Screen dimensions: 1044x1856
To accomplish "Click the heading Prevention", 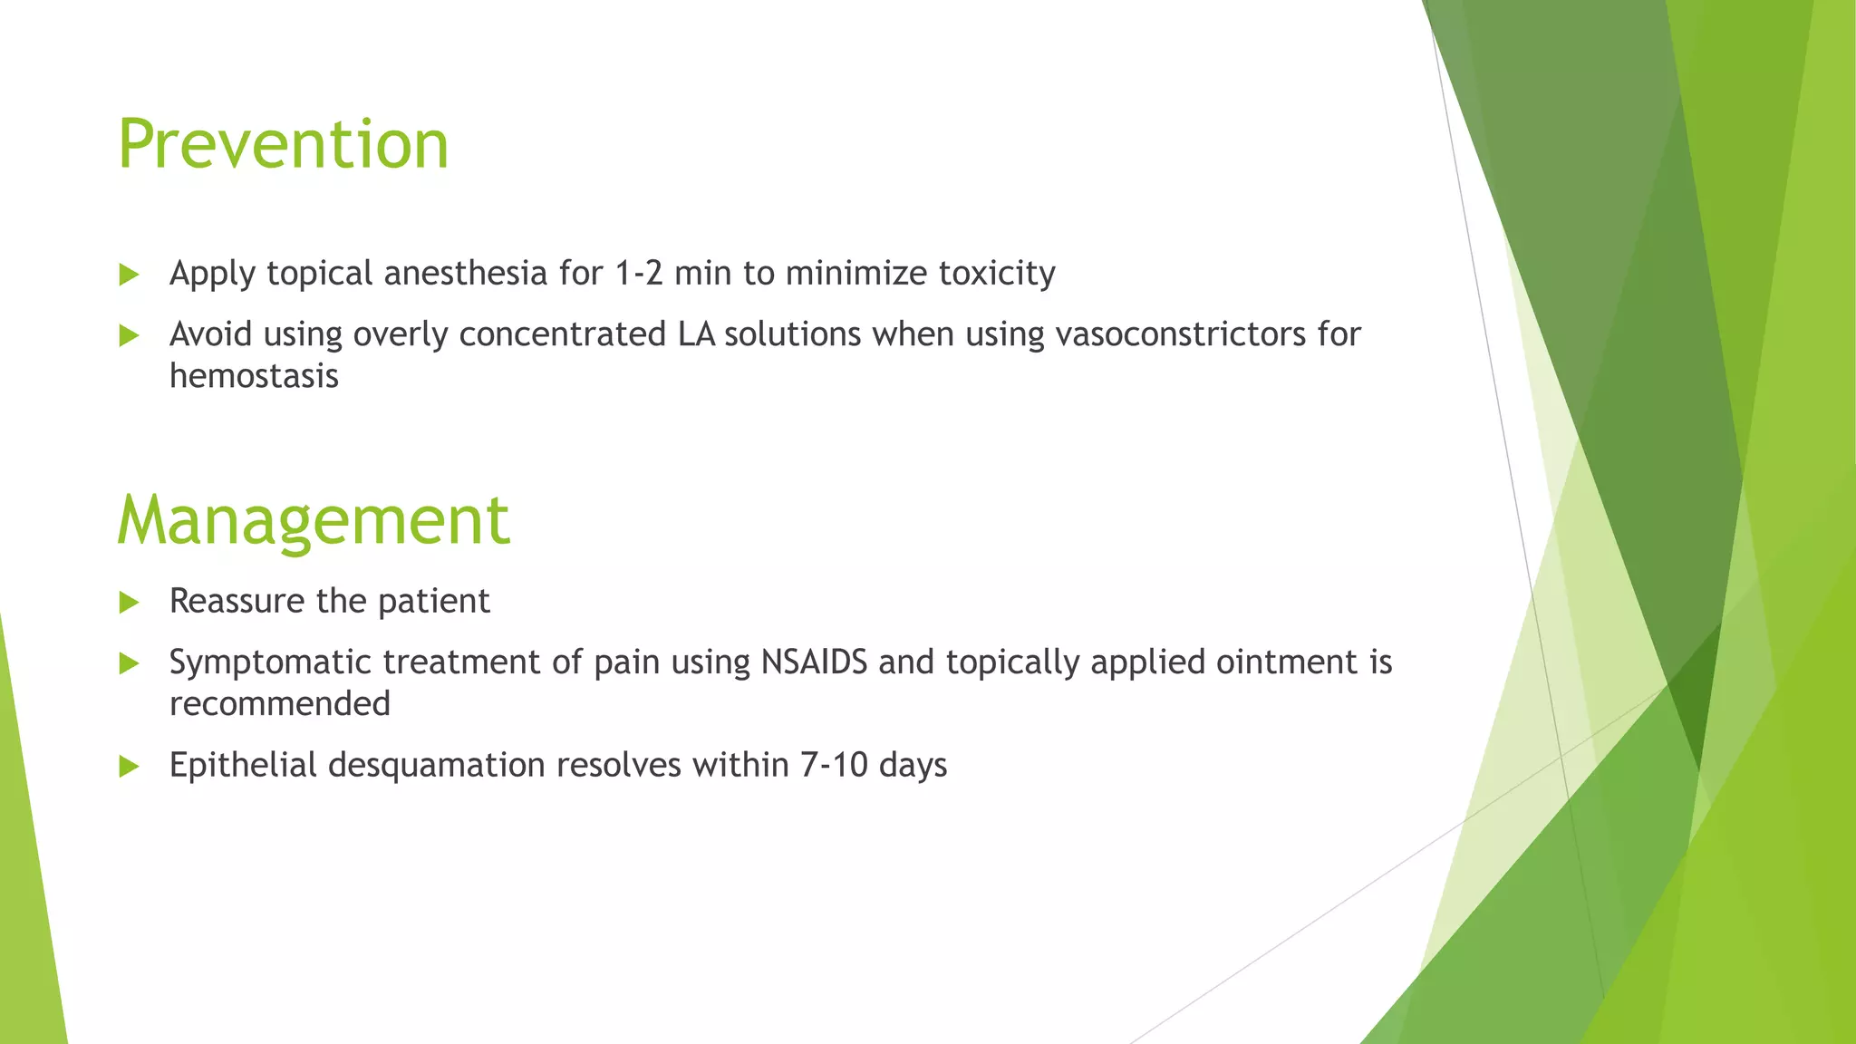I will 283,145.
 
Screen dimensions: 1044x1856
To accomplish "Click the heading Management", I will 313,520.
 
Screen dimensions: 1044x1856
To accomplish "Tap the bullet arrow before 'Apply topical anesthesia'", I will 129,275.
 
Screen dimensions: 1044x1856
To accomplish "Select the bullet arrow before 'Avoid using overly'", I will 129,336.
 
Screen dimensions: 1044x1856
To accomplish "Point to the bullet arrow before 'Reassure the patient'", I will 129,603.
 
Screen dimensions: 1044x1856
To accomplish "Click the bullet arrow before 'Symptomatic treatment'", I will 129,663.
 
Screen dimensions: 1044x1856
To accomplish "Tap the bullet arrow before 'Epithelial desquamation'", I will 129,767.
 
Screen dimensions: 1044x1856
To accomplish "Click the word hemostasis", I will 254,376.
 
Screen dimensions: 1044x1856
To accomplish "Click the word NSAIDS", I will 814,662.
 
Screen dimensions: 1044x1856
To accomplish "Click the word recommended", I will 279,704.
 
